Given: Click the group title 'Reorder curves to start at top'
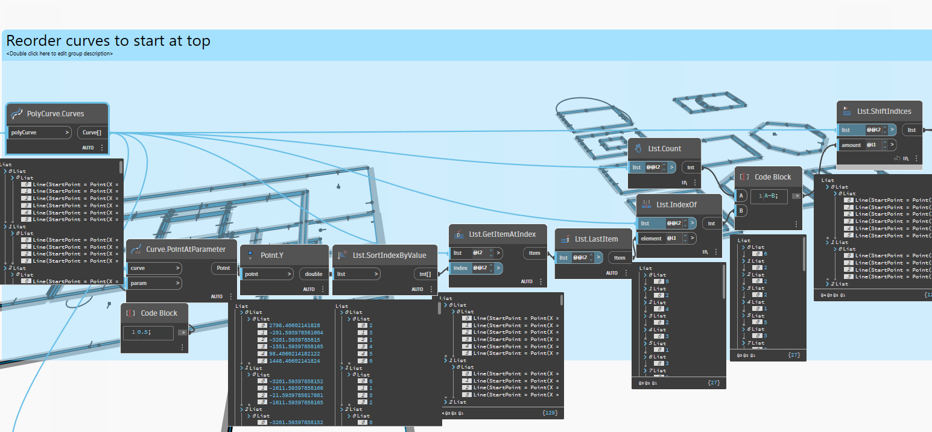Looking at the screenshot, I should tap(108, 41).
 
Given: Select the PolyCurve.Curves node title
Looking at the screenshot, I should tap(55, 113).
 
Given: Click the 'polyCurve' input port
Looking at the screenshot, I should tap(39, 132).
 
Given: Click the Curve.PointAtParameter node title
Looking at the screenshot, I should tap(186, 249).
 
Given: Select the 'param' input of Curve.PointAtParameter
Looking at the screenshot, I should tap(154, 283).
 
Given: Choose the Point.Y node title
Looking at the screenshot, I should tap(271, 255).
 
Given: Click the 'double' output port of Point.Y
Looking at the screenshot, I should tap(314, 274).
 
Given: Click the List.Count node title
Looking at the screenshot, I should tap(664, 148).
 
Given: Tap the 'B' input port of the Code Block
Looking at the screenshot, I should tap(741, 211).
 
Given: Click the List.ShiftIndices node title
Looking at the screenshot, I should tap(884, 111).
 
